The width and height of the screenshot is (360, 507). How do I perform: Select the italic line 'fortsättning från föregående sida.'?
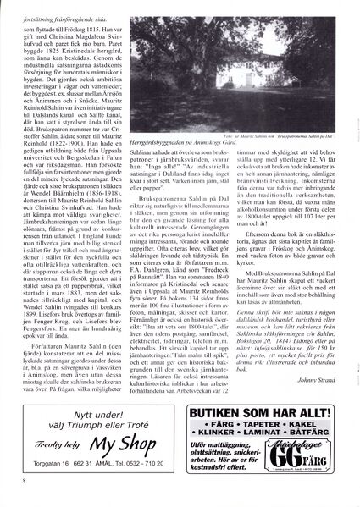click(x=67, y=8)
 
